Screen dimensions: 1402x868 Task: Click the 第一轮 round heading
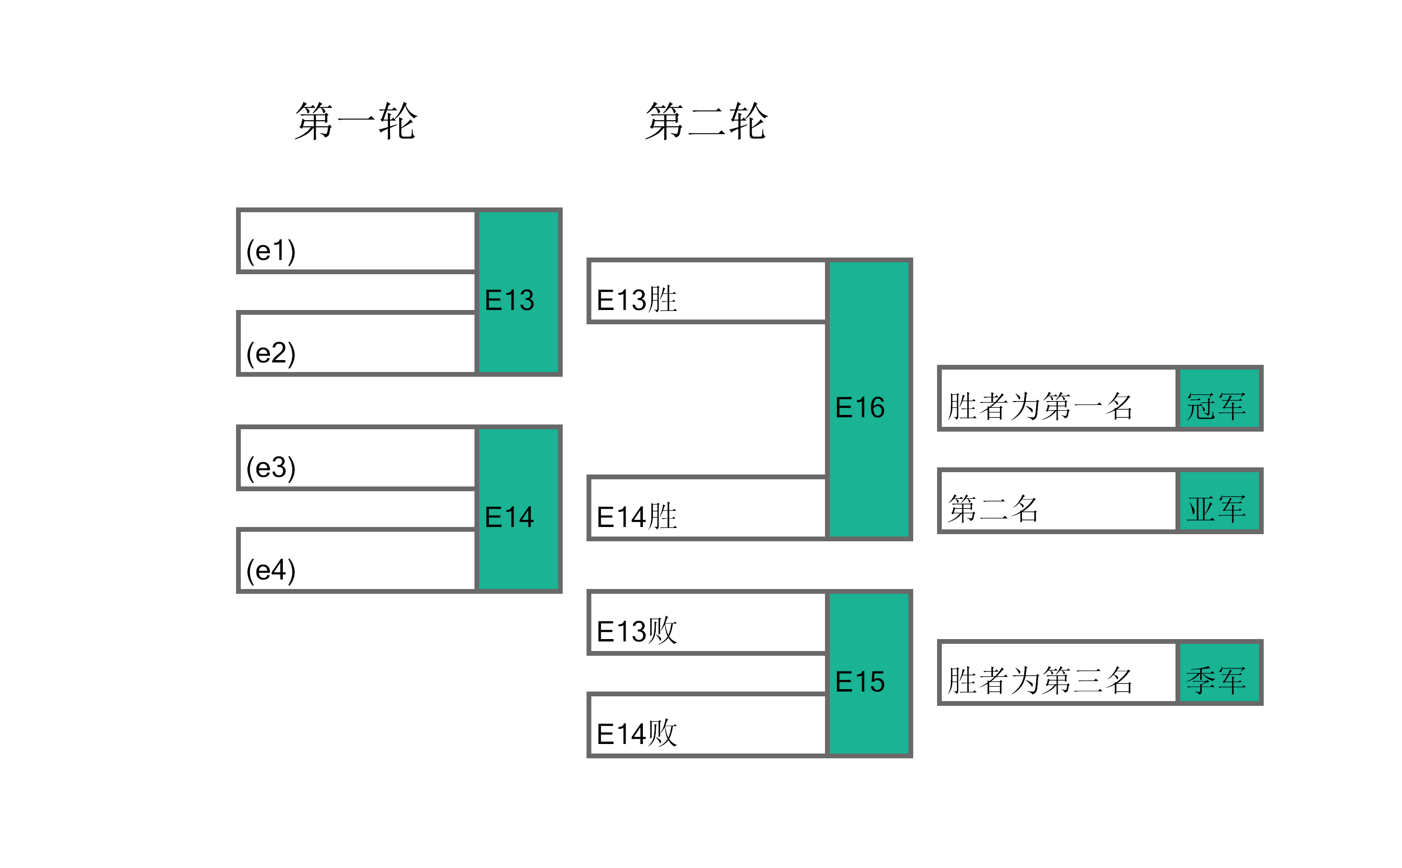point(356,121)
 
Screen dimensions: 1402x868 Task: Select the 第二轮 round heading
point(706,121)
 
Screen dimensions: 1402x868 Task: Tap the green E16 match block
point(869,399)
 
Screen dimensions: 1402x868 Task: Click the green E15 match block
point(869,673)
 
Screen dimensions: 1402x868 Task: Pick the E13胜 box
point(707,290)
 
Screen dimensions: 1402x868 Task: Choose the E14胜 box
point(707,507)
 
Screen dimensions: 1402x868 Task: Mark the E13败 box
point(707,622)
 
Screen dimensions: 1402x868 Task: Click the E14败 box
point(707,724)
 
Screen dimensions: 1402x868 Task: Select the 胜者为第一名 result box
point(1058,398)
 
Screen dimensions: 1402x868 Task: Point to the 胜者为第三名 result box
point(1058,672)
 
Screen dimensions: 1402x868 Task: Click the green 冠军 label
point(1219,398)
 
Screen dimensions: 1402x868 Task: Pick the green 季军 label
point(1219,672)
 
